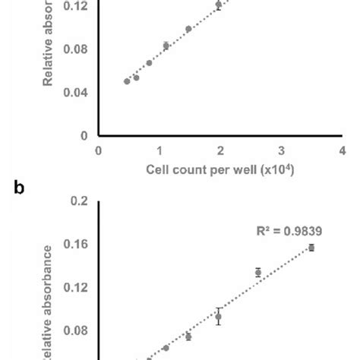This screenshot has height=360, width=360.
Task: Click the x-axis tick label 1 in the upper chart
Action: (x=159, y=150)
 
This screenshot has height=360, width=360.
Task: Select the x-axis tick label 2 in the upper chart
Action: (x=220, y=150)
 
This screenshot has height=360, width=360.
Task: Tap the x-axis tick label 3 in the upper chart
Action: (x=281, y=150)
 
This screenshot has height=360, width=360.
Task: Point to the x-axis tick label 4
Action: (x=342, y=150)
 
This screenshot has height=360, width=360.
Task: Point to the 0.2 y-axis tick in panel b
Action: (x=81, y=201)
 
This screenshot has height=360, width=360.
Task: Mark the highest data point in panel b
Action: (x=311, y=248)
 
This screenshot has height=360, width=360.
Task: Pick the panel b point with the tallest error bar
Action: (x=219, y=317)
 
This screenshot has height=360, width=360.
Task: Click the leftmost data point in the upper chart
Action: (x=127, y=81)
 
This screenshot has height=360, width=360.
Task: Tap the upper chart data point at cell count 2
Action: (x=219, y=5)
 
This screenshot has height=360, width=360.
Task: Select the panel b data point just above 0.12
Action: (x=258, y=272)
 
